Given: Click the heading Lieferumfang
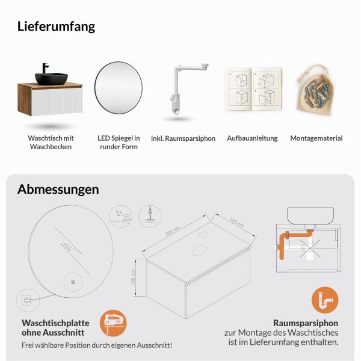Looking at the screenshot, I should pyautogui.click(x=56, y=26).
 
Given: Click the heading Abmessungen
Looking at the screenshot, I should pyautogui.click(x=58, y=190).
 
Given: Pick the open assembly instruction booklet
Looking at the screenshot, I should pyautogui.click(x=252, y=89).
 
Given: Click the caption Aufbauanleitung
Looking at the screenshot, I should pyautogui.click(x=252, y=138).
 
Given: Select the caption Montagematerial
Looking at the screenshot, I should pyautogui.click(x=316, y=138).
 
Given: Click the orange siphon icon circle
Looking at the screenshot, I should pyautogui.click(x=325, y=299).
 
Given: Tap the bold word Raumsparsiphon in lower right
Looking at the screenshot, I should pyautogui.click(x=306, y=322).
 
